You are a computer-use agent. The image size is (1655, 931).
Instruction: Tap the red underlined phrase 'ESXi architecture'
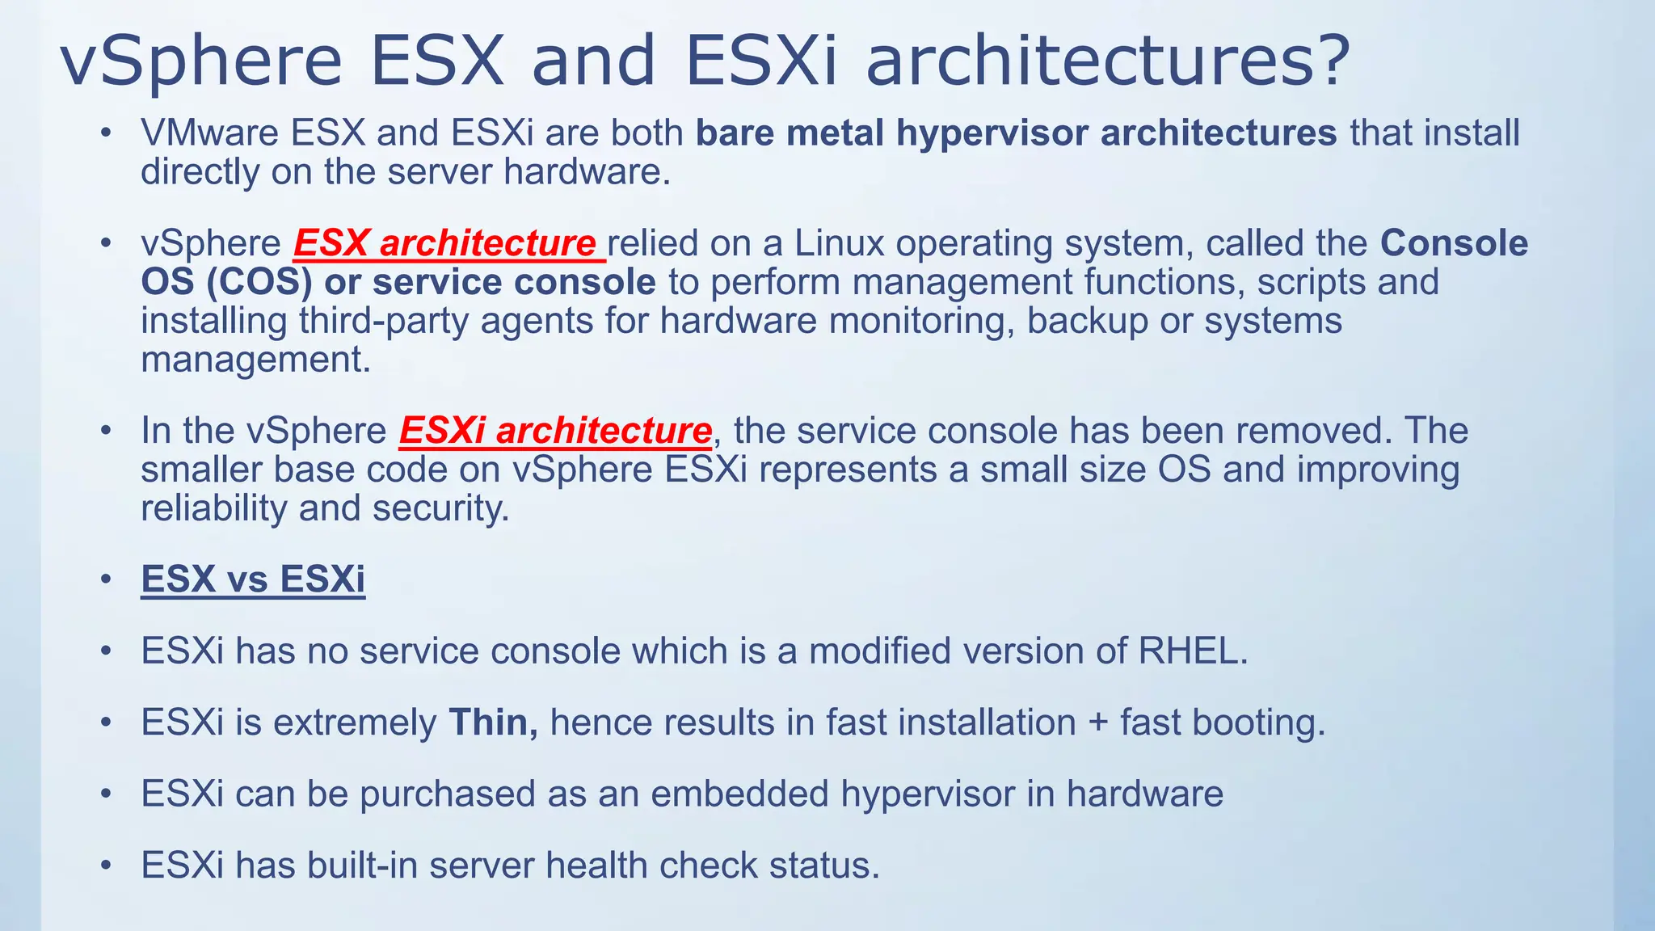click(x=555, y=431)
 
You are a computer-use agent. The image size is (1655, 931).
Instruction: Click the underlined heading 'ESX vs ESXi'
click(x=253, y=579)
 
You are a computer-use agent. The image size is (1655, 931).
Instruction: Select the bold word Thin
click(x=493, y=722)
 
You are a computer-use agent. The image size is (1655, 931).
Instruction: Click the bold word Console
click(x=1454, y=243)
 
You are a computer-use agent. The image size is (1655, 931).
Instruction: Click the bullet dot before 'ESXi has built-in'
click(x=106, y=866)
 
